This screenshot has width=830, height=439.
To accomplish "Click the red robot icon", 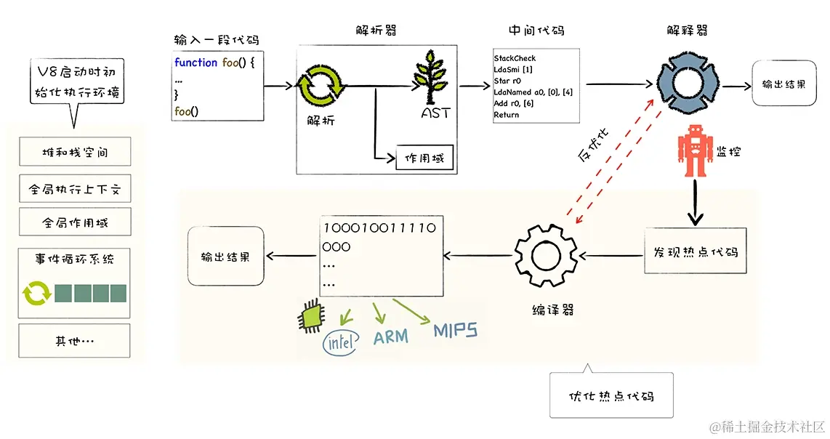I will pyautogui.click(x=695, y=151).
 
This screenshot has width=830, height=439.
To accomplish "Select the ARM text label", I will pyautogui.click(x=390, y=337).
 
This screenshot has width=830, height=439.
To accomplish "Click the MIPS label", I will pyautogui.click(x=455, y=331).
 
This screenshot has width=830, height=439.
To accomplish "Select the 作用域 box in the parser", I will pyautogui.click(x=424, y=158).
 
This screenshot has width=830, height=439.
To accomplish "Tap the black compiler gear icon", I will pyautogui.click(x=544, y=255).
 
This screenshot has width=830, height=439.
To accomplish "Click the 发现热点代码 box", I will pyautogui.click(x=694, y=251).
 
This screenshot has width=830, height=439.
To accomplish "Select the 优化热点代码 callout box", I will pyautogui.click(x=611, y=396).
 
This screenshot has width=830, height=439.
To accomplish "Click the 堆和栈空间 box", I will pyautogui.click(x=75, y=153).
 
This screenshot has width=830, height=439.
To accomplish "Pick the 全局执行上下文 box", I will pyautogui.click(x=75, y=190).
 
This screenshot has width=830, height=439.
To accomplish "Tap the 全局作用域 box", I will pyautogui.click(x=75, y=223).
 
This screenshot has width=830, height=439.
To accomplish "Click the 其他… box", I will pyautogui.click(x=75, y=340).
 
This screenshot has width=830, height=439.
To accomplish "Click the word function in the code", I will pyautogui.click(x=196, y=63).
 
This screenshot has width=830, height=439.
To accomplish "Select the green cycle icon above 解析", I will pyautogui.click(x=320, y=85).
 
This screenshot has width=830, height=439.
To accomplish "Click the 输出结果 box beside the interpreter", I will pyautogui.click(x=783, y=84).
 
